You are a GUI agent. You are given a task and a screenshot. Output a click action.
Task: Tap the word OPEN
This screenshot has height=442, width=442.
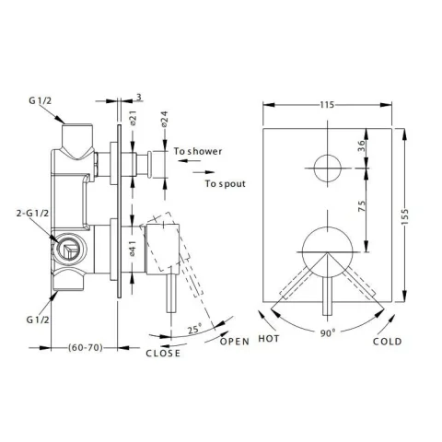[236, 342]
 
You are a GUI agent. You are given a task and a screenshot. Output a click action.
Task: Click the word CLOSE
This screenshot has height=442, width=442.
[161, 353]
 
